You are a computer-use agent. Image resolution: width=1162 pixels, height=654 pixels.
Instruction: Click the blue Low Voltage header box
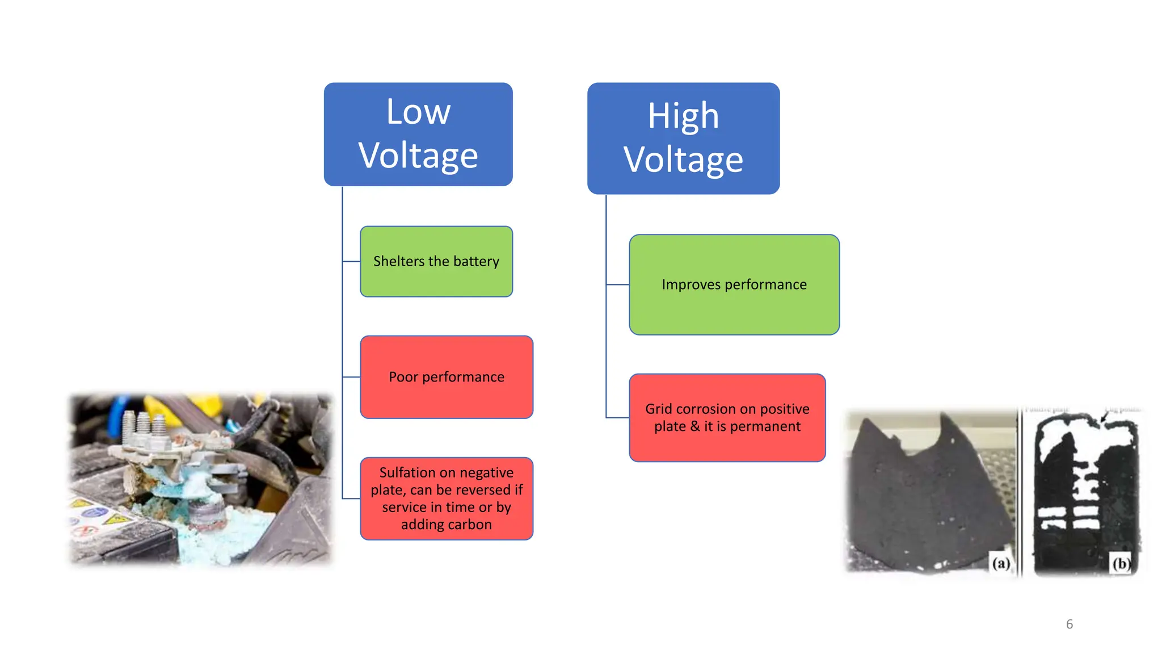(x=418, y=134)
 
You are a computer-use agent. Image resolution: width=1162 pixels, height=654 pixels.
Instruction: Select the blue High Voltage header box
(x=683, y=138)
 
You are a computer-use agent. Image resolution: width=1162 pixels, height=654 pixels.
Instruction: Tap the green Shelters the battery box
(x=436, y=261)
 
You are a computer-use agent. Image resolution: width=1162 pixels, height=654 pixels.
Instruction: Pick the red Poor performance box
(x=447, y=377)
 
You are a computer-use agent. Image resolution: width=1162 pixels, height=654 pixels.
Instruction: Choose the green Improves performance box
(x=734, y=284)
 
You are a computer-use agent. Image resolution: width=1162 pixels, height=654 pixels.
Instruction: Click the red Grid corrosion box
(x=727, y=417)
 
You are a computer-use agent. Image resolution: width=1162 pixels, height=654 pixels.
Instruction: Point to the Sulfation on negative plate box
(x=447, y=498)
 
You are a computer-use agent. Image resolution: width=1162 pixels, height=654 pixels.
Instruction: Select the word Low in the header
(x=418, y=112)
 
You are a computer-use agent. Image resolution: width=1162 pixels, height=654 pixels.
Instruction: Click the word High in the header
(x=683, y=116)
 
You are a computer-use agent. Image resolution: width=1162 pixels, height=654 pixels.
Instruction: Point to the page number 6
(x=1069, y=624)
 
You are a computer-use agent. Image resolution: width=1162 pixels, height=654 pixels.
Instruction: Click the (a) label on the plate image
(x=1001, y=563)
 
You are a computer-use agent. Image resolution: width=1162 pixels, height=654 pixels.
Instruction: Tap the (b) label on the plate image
(x=1121, y=563)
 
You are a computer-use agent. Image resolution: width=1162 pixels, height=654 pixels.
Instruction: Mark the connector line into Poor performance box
(x=351, y=377)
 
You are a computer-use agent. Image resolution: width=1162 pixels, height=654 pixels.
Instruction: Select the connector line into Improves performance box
(x=617, y=284)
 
